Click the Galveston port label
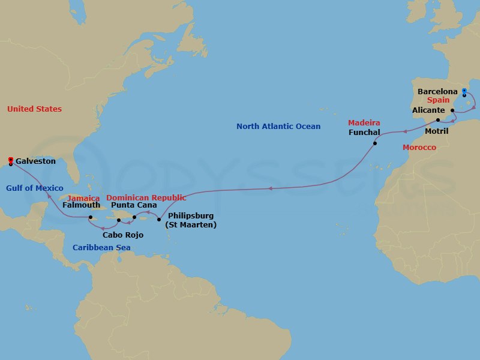35,161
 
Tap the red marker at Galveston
11,160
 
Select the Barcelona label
437,92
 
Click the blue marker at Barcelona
464,91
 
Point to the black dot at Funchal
374,143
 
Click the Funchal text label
365,132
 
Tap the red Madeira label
364,123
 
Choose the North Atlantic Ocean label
278,127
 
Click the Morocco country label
419,147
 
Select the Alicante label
428,110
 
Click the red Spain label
439,101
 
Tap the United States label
34,109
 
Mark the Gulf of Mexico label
35,188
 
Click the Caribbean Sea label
101,247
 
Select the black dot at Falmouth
89,217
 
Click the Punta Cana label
134,205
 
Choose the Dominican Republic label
146,197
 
